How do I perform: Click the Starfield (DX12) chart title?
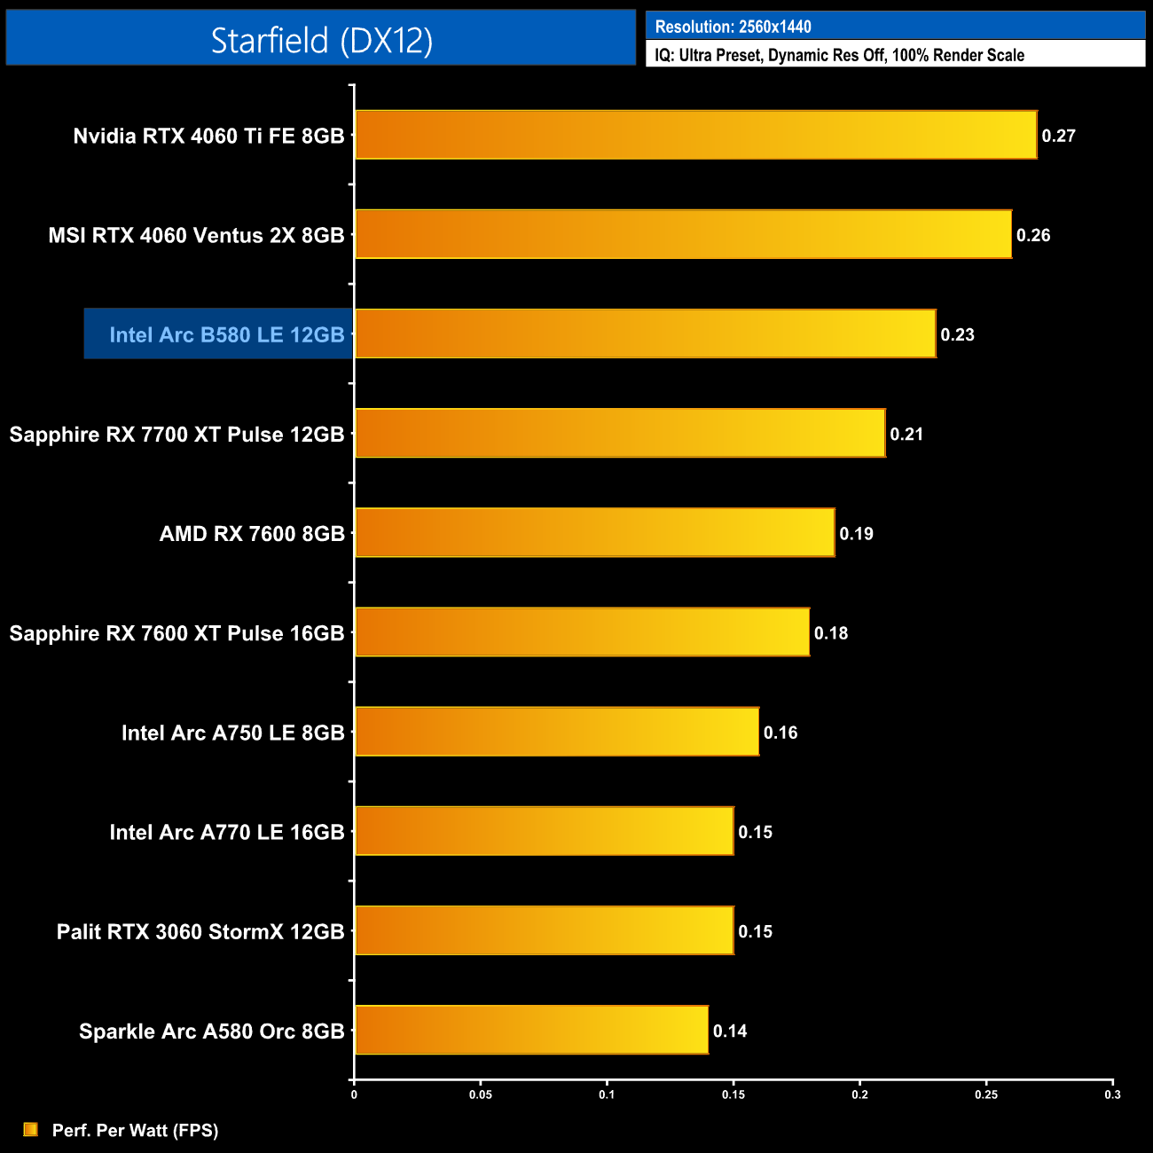coord(321,40)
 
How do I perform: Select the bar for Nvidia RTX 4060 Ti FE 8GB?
coord(695,135)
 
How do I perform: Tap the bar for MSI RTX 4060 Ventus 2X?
coord(683,234)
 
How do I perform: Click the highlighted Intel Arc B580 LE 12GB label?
coord(226,334)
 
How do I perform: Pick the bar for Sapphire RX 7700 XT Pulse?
coord(620,433)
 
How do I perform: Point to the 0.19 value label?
coord(856,533)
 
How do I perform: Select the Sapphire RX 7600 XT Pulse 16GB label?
coord(176,633)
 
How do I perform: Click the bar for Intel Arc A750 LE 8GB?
coord(557,732)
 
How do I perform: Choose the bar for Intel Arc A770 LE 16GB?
coord(544,831)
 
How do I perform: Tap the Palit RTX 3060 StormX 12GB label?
coord(200,931)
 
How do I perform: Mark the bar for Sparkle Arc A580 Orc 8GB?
coord(531,1030)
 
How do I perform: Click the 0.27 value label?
coord(1058,136)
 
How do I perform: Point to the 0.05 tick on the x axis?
coord(481,1094)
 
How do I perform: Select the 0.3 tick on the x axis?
coord(1112,1094)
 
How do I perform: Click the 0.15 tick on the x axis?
coord(733,1094)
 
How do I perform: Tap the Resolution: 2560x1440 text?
coord(733,27)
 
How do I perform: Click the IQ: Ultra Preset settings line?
coord(839,55)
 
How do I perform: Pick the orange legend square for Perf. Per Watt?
coord(31,1129)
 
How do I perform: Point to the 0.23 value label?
coord(957,334)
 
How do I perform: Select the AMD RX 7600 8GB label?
coord(252,534)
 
